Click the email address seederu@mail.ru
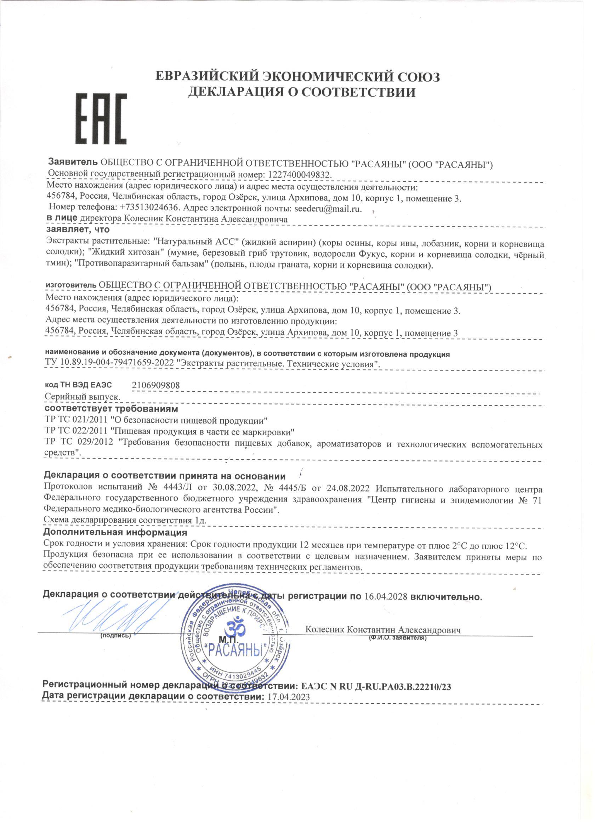tap(328, 209)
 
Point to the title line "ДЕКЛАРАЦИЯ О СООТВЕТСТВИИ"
tap(302, 92)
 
